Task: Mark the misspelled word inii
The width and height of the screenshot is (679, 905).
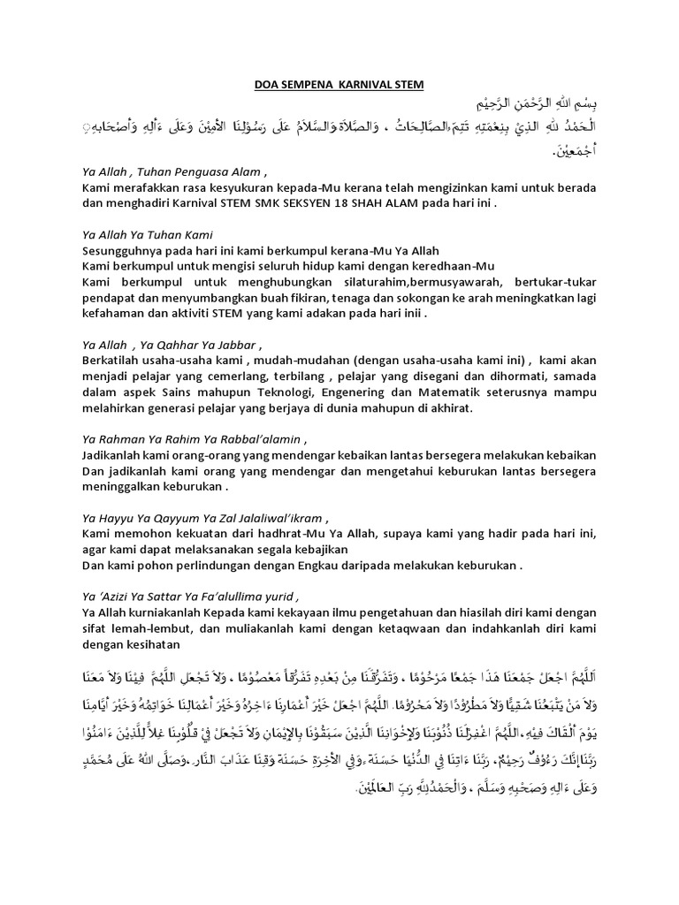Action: [412, 314]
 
